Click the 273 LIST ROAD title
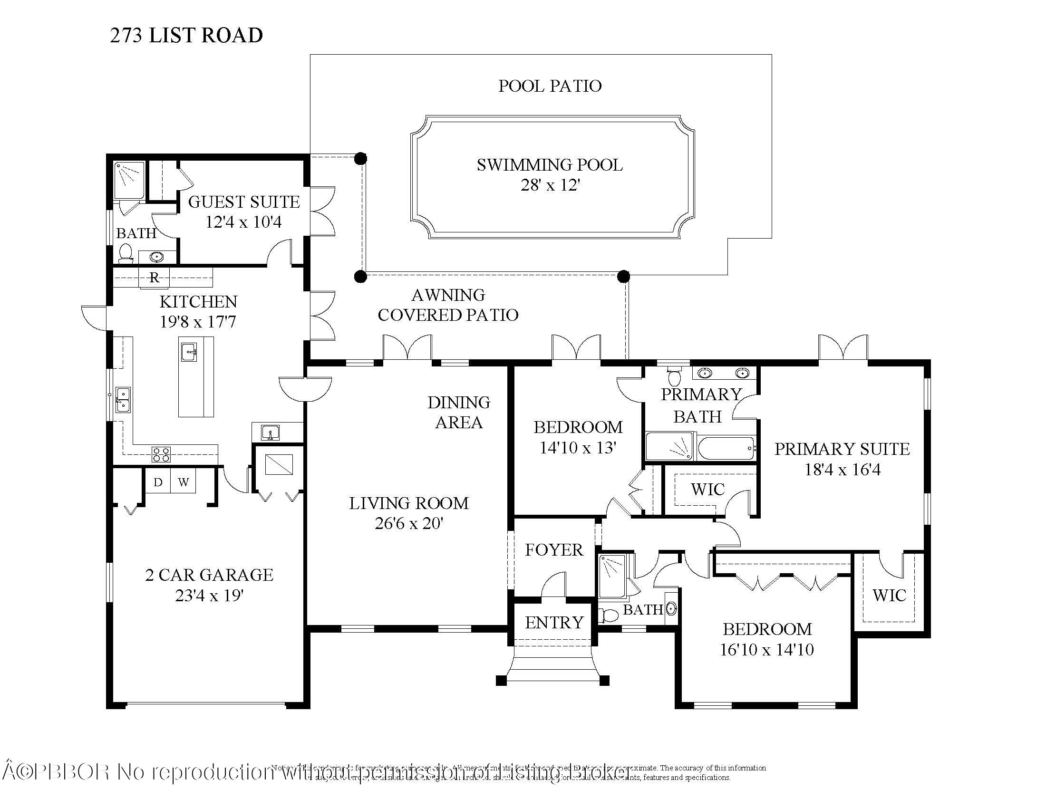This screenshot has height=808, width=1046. [x=186, y=36]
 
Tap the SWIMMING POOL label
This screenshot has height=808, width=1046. [x=549, y=165]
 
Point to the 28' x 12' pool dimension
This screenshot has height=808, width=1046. [x=550, y=185]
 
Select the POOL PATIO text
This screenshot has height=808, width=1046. [x=550, y=86]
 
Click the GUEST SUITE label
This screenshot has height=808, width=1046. [x=244, y=202]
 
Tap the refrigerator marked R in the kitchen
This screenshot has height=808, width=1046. [x=154, y=278]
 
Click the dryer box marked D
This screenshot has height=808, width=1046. [x=158, y=482]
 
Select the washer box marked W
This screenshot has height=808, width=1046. [x=183, y=482]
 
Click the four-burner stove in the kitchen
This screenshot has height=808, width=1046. [x=161, y=454]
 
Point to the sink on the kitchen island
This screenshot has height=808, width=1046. [x=190, y=353]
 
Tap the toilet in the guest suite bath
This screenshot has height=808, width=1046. [x=126, y=253]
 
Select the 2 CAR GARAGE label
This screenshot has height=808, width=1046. [x=209, y=575]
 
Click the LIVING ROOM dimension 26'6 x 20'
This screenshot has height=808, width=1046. [x=408, y=524]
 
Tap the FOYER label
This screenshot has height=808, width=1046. [x=554, y=550]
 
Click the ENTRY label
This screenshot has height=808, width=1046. [x=554, y=623]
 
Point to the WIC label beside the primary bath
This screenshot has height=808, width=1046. [x=707, y=490]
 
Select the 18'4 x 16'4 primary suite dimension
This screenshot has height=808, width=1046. [x=843, y=470]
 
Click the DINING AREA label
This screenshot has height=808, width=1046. [x=459, y=412]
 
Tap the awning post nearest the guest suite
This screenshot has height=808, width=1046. [x=361, y=158]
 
